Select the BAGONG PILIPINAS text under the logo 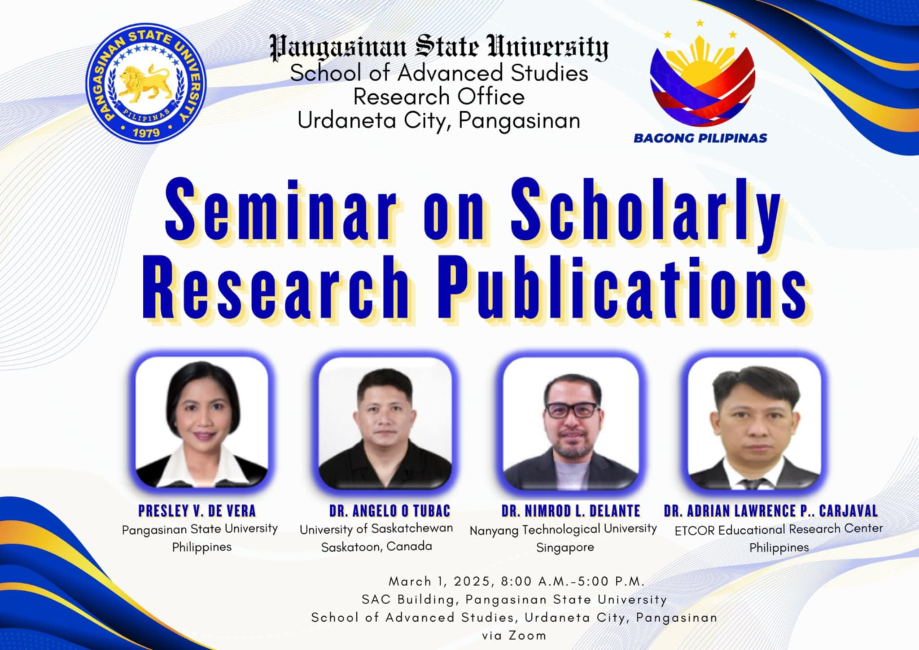click(700, 138)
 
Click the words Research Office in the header click(439, 97)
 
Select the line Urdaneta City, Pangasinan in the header click(439, 121)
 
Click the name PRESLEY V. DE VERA click(197, 511)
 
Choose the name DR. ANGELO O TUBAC click(389, 511)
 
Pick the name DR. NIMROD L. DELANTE click(571, 511)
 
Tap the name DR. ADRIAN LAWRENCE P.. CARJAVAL click(770, 511)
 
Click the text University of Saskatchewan click(376, 529)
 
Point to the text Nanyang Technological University click(563, 530)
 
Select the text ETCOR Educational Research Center click(779, 530)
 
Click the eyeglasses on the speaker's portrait click(571, 410)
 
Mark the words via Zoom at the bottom click(514, 636)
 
